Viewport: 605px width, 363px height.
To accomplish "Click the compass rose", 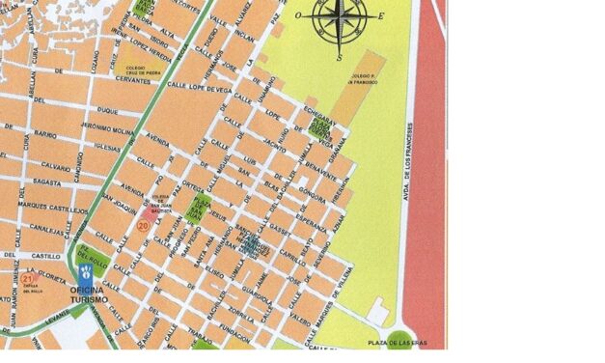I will (x=340, y=17).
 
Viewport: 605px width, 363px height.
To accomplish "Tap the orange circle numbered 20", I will (x=143, y=225).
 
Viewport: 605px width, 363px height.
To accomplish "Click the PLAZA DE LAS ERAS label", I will (x=398, y=343).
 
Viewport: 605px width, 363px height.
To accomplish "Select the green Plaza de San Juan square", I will (x=202, y=206).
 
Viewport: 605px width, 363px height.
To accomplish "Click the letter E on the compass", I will (x=380, y=16).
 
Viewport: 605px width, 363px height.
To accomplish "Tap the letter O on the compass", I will (x=297, y=16).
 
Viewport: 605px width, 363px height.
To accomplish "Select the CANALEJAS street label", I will (x=45, y=229).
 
